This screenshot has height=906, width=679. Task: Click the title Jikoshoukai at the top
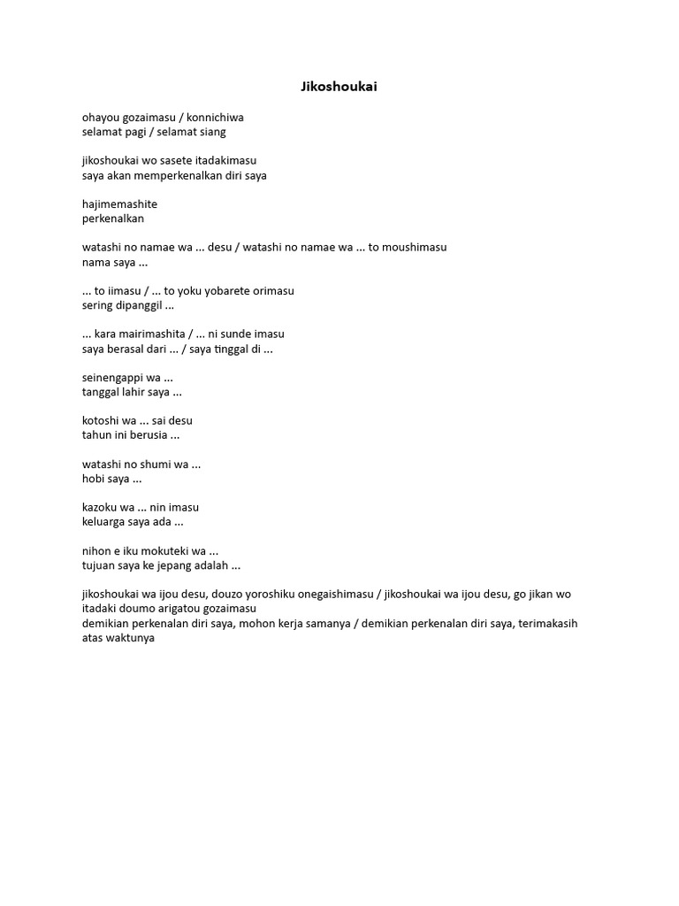pyautogui.click(x=339, y=87)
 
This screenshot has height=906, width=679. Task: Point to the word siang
pyautogui.click(x=212, y=132)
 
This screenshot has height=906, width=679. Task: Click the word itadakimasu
pyautogui.click(x=226, y=160)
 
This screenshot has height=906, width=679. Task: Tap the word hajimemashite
pyautogui.click(x=119, y=203)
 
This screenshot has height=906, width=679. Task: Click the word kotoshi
pyautogui.click(x=100, y=420)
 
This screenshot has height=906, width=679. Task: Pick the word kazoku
pyautogui.click(x=100, y=507)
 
